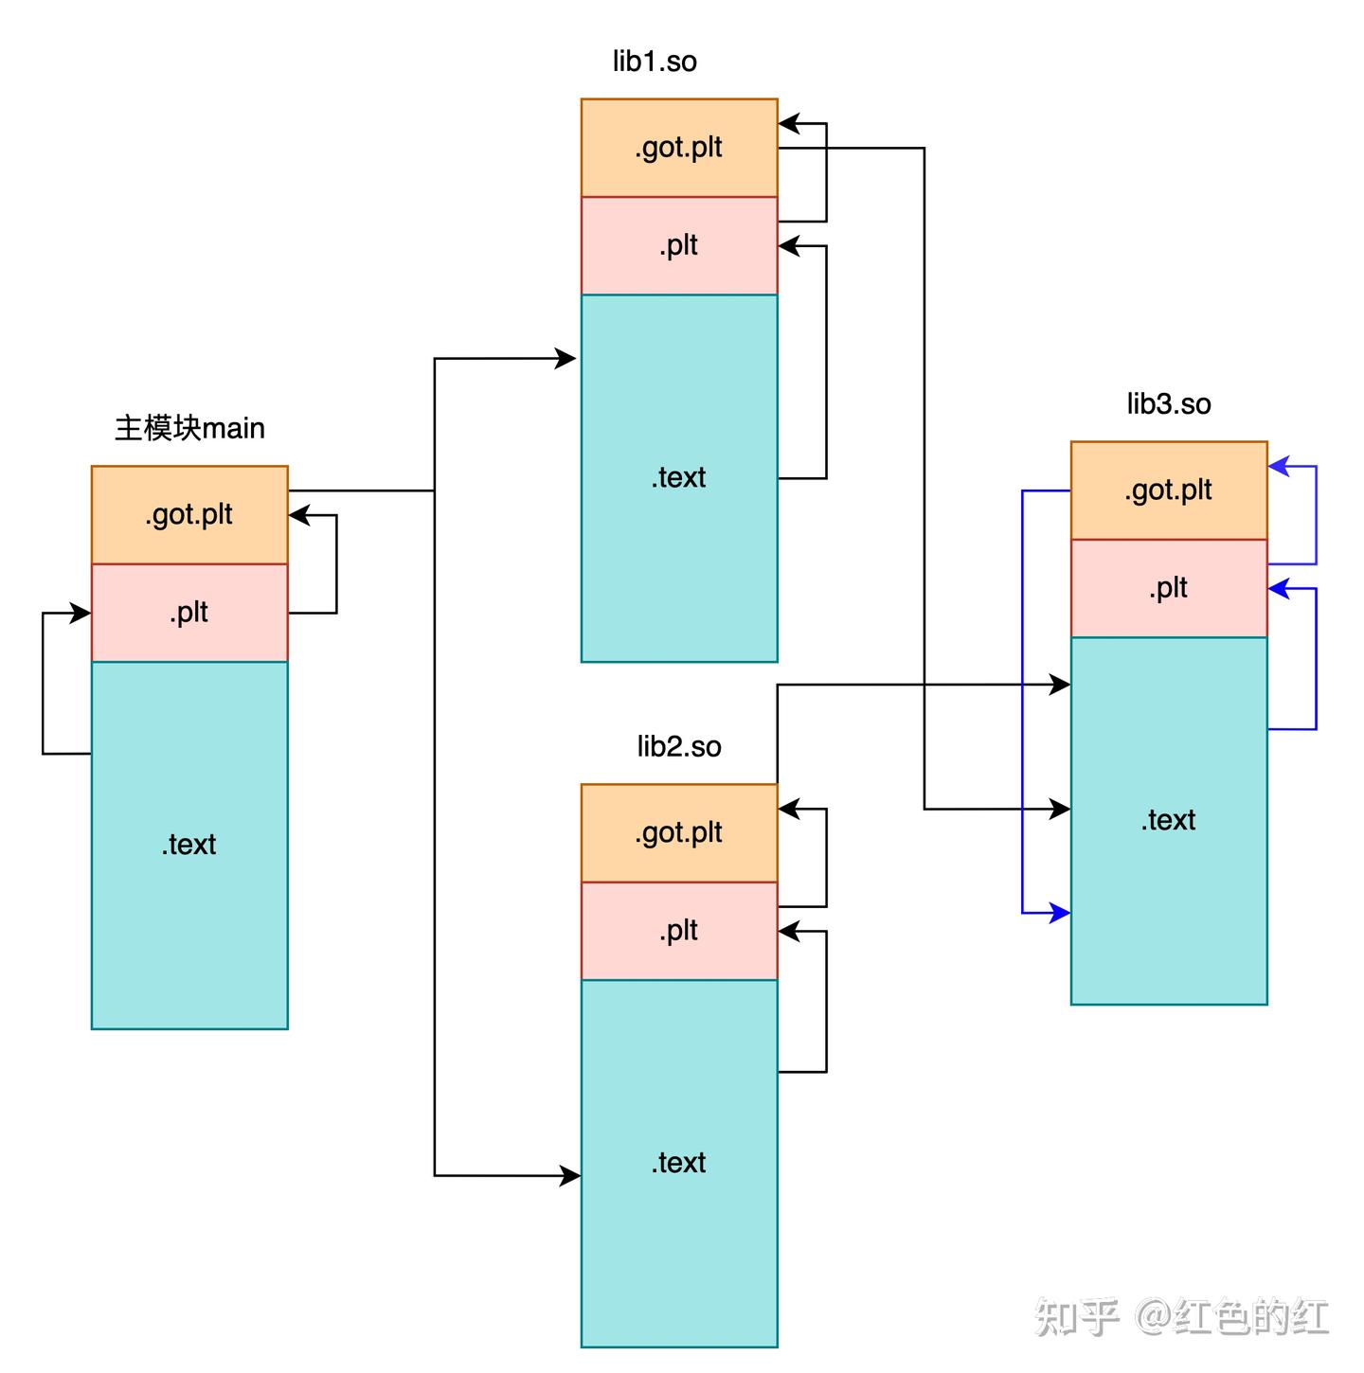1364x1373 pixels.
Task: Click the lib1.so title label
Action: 655,62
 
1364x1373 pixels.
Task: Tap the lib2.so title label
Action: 679,747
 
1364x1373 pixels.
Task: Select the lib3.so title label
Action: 1169,404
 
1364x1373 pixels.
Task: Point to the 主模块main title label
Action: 189,428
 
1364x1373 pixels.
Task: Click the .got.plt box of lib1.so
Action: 679,148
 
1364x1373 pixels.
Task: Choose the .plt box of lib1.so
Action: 679,245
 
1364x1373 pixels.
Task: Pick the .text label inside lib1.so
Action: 678,477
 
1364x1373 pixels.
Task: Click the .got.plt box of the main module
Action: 189,515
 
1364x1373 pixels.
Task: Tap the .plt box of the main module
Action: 189,613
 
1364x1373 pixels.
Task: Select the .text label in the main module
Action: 188,845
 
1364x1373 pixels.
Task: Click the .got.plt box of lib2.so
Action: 679,833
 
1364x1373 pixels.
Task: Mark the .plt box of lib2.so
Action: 679,931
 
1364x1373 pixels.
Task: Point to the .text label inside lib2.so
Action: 678,1163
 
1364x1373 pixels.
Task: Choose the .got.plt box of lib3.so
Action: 1169,490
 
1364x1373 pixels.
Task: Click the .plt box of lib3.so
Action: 1169,588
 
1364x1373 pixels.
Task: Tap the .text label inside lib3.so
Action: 1168,820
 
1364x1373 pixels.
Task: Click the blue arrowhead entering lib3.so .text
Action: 1061,914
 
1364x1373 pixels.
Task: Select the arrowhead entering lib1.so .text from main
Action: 566,359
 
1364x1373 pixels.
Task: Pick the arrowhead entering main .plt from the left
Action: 81,614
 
